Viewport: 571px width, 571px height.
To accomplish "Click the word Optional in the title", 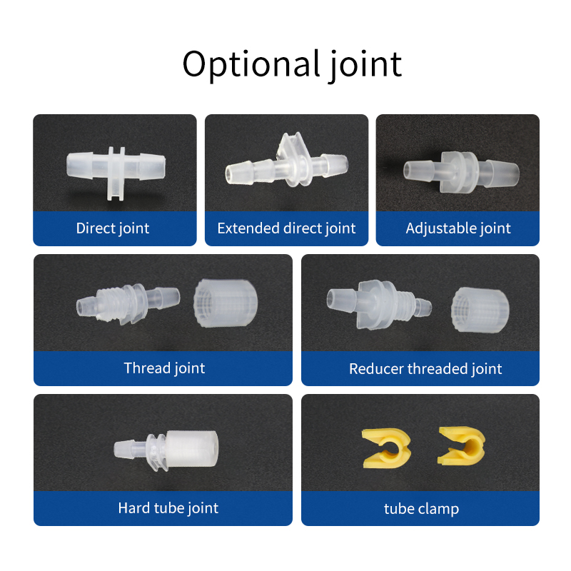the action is pyautogui.click(x=251, y=64).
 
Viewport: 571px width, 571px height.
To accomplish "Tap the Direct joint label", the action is pyautogui.click(x=113, y=228).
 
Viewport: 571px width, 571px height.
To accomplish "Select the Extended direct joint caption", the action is pyautogui.click(x=286, y=228).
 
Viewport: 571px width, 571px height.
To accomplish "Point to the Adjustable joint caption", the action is pyautogui.click(x=458, y=228).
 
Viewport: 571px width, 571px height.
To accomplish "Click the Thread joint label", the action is pyautogui.click(x=164, y=368).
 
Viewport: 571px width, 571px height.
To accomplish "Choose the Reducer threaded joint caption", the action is pyautogui.click(x=425, y=369).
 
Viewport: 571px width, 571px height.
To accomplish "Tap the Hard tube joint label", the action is pyautogui.click(x=168, y=508).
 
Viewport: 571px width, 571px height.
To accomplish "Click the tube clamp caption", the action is pyautogui.click(x=421, y=509).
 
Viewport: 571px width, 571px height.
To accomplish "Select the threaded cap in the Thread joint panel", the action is pyautogui.click(x=226, y=303).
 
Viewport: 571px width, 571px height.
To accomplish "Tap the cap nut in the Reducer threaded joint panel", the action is pyautogui.click(x=480, y=310).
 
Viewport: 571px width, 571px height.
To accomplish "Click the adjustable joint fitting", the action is pyautogui.click(x=461, y=172).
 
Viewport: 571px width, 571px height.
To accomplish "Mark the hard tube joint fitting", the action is pyautogui.click(x=166, y=451).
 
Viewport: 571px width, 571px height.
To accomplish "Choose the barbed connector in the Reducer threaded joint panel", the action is pyautogui.click(x=379, y=305).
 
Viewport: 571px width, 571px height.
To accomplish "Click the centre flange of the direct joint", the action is pyautogui.click(x=116, y=173).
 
